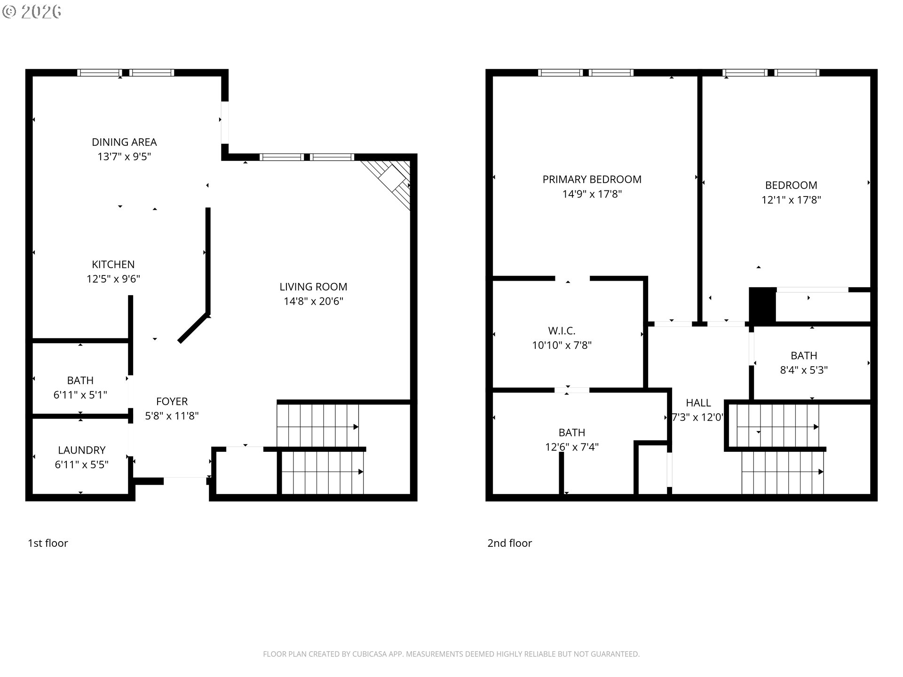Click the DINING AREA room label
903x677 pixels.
[x=124, y=142]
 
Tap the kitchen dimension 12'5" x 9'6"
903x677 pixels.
[x=113, y=279]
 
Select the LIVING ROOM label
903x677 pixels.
[x=313, y=287]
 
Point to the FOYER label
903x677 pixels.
[x=172, y=401]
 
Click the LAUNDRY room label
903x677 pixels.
[x=81, y=450]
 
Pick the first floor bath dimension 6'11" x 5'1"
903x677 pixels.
[x=80, y=395]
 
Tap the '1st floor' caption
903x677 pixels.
[x=48, y=543]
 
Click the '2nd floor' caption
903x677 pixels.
[x=509, y=543]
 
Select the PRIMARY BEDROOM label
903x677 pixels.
[x=592, y=180]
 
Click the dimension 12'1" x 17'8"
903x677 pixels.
[x=791, y=200]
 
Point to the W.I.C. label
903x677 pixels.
[x=562, y=331]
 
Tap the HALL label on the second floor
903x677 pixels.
[x=698, y=403]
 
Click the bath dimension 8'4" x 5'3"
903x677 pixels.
[x=804, y=370]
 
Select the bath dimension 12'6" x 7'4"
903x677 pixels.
[x=571, y=447]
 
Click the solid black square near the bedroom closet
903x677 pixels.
[x=762, y=305]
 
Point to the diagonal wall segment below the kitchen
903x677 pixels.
[x=193, y=328]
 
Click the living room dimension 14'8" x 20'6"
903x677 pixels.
[x=313, y=301]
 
